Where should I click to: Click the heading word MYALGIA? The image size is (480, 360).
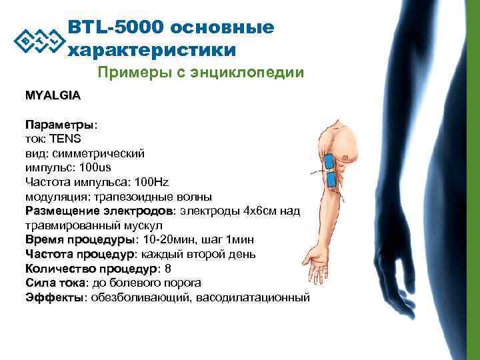(53, 95)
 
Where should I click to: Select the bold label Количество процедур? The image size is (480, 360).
(91, 269)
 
